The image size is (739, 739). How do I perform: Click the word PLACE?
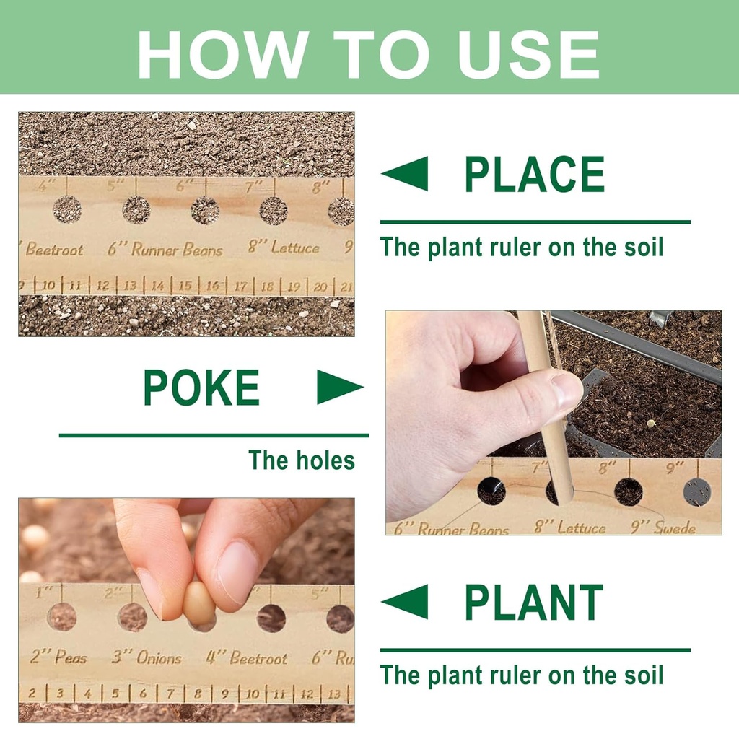[534, 175]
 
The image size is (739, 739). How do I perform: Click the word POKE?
[201, 388]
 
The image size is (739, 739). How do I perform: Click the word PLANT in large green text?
[533, 603]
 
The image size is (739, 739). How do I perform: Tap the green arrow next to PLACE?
[406, 175]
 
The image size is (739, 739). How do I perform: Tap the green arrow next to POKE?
[339, 388]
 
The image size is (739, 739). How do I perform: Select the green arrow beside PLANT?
[406, 603]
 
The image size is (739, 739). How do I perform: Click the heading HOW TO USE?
[369, 54]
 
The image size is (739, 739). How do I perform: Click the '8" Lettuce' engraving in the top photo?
[284, 248]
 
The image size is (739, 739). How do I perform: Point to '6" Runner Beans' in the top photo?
[165, 250]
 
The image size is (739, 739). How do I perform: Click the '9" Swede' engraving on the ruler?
[663, 528]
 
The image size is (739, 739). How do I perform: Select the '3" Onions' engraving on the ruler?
[147, 657]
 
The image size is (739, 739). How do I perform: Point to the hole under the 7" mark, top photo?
[274, 211]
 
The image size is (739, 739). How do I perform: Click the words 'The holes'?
[302, 460]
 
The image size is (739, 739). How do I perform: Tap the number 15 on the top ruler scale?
[185, 286]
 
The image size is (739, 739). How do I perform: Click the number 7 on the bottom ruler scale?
[170, 694]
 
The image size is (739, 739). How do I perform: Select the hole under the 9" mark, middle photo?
[697, 491]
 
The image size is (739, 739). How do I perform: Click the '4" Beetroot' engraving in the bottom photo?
[247, 657]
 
